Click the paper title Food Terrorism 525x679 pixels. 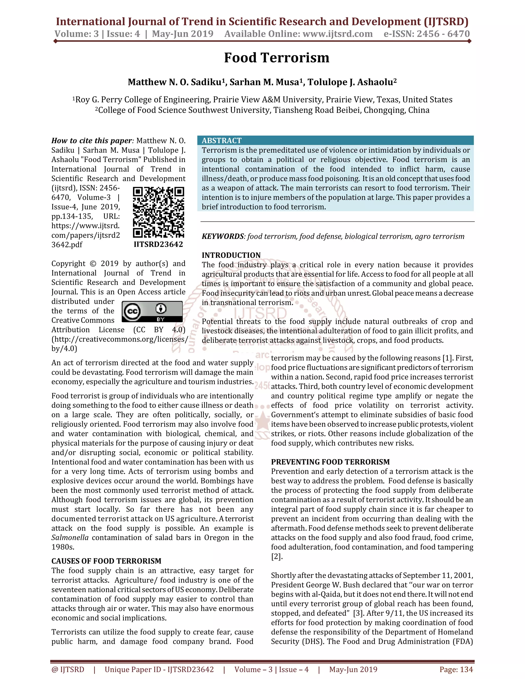[277, 58]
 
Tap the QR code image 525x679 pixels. [158, 212]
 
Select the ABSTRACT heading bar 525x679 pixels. [335, 140]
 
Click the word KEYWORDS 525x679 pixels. [223, 236]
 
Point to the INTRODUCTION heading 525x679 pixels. [231, 255]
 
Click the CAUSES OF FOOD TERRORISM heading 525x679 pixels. [106, 561]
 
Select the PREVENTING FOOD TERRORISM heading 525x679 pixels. [330, 462]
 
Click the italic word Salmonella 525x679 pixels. [70, 538]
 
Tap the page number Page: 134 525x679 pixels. [456, 669]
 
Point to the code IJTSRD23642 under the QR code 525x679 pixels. [158, 244]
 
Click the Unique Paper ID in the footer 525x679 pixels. [159, 669]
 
